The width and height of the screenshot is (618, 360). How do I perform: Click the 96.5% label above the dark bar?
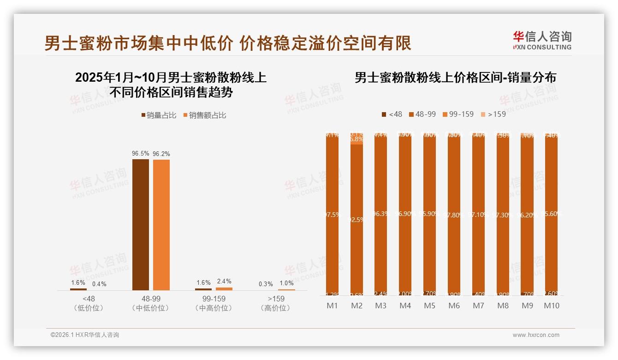click(141, 154)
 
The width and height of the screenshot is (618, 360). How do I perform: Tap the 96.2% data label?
click(161, 154)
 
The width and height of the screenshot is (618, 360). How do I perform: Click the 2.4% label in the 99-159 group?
click(224, 282)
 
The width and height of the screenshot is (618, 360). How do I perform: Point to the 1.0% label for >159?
click(286, 283)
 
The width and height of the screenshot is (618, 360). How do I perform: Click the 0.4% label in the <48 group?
click(99, 284)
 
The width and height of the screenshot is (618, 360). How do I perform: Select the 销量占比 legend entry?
click(159, 115)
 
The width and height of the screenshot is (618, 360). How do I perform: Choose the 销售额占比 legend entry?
click(204, 115)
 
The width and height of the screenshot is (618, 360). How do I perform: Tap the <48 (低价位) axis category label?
click(89, 303)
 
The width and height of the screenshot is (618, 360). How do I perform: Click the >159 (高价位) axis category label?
click(275, 303)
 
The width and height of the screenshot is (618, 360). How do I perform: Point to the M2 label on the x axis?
click(357, 306)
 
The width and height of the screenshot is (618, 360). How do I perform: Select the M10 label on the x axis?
click(551, 306)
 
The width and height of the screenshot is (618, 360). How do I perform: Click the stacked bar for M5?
click(429, 215)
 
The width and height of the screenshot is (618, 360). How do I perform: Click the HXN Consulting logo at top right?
click(542, 40)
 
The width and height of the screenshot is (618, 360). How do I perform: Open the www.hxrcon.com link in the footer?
click(536, 335)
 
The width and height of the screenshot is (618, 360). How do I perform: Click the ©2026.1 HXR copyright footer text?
click(85, 335)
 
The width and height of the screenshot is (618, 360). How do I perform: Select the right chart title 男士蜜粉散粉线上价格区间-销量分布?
click(455, 78)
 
